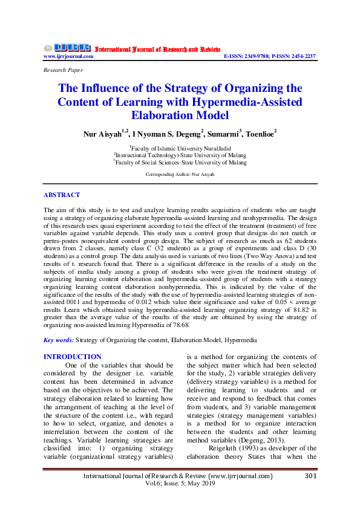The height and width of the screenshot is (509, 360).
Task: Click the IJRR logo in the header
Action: click(x=67, y=48)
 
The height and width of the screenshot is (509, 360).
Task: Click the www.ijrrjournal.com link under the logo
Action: click(x=68, y=56)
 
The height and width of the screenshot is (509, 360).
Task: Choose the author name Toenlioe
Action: click(x=258, y=133)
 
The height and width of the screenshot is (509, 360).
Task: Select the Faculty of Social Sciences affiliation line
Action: click(x=180, y=162)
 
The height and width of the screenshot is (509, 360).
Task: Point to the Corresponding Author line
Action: click(x=180, y=174)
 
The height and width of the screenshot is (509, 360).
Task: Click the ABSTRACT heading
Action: click(x=62, y=195)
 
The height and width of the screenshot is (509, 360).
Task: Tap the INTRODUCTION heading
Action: click(x=73, y=357)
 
